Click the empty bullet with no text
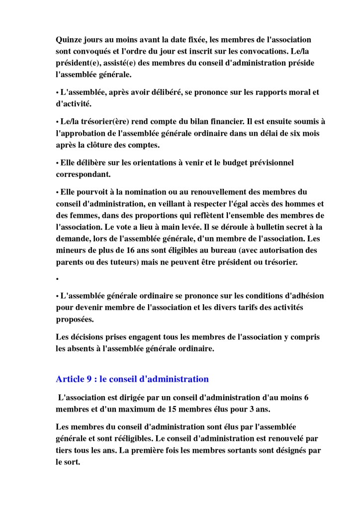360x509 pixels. pos(58,279)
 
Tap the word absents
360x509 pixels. pos(83,348)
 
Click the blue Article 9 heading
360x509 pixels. pos(132,379)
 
